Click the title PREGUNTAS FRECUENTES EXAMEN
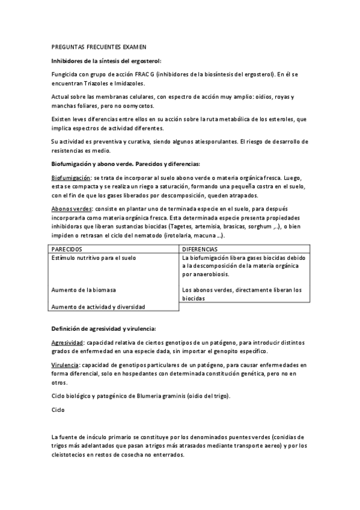click(99, 47)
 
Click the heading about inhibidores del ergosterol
click(106, 61)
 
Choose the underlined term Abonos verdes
click(68, 208)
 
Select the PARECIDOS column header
click(67, 248)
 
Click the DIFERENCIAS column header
click(202, 248)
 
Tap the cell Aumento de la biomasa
click(83, 290)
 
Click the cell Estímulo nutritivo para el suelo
click(93, 257)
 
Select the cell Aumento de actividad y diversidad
click(98, 306)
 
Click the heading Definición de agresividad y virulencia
click(103, 328)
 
